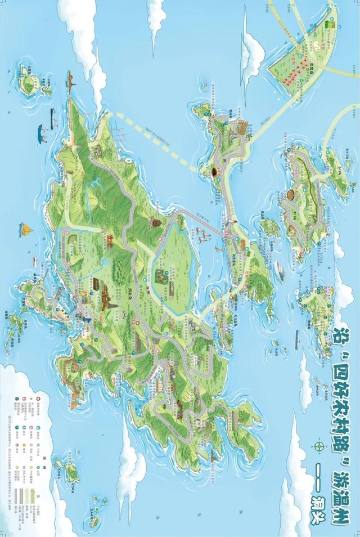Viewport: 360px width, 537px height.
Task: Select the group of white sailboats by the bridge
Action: (x=201, y=235)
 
